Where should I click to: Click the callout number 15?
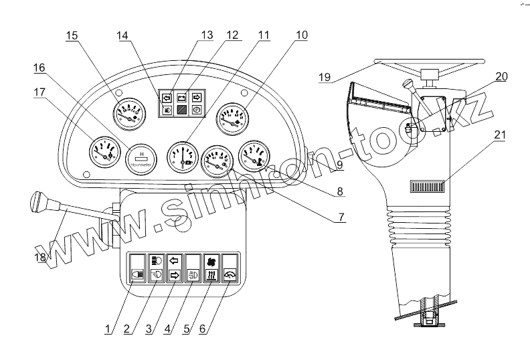72,36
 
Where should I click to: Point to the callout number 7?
341,217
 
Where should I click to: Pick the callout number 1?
106,330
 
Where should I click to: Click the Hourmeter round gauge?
141,159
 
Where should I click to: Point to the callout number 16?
39,68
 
